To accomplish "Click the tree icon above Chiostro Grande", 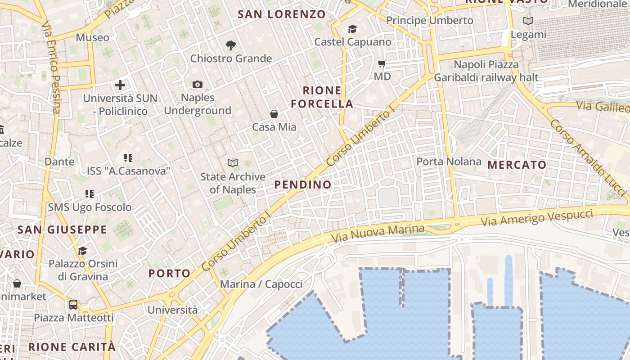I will pos(231,45).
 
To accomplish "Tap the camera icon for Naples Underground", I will pos(198,84).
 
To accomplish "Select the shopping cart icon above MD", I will pos(382,64).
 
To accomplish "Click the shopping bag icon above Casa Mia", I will pos(274,114).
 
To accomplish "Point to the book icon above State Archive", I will pos(233,163).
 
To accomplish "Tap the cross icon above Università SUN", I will pos(120,85).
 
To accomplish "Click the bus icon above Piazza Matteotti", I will pos(73,305).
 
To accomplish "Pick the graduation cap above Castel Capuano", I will pos(352,29).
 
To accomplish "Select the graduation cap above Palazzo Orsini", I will pos(82,251).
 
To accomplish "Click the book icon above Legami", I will pos(528,21).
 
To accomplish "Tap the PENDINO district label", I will pos(303,184).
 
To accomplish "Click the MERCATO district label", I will pos(517,165).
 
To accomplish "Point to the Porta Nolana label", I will pos(449,161).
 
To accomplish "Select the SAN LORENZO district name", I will pos(282,14).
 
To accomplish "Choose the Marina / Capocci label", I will pos(261,284).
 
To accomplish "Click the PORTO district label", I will pos(170,273).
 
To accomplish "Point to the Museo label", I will pos(92,37).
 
